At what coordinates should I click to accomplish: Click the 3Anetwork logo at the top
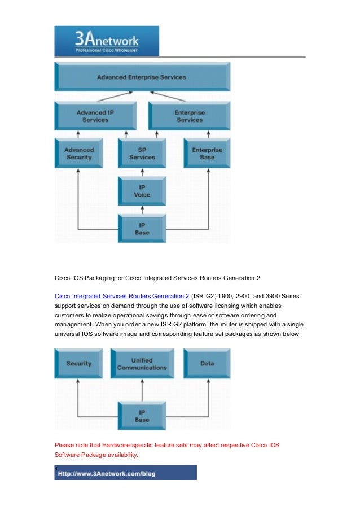[107, 41]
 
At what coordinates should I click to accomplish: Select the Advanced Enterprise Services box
[142, 77]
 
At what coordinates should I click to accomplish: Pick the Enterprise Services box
[189, 116]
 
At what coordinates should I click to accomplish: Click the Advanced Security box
[79, 153]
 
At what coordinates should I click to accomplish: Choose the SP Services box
[142, 153]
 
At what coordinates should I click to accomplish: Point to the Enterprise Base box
[207, 153]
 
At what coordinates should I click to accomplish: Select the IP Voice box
[142, 191]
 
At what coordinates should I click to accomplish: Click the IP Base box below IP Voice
[142, 228]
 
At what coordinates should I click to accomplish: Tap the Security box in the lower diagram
[79, 363]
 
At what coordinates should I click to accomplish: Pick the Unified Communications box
[142, 363]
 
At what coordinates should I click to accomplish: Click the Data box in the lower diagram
[207, 363]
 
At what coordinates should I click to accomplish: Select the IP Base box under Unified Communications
[142, 416]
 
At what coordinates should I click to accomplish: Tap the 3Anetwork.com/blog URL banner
[125, 473]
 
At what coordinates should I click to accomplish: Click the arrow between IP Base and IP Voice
[142, 210]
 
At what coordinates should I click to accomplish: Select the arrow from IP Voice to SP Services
[142, 172]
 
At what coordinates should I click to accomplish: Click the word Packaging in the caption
[98, 278]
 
